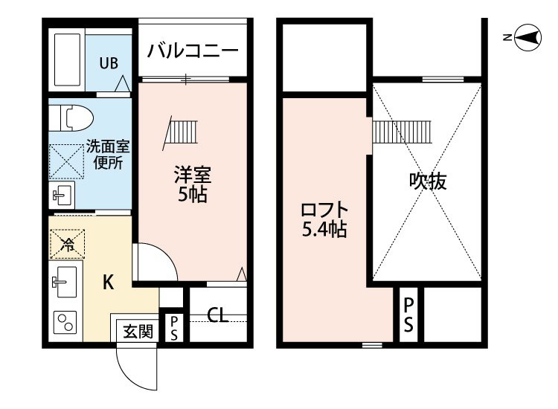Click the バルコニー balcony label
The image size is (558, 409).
[193, 51]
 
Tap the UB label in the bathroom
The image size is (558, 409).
[109, 63]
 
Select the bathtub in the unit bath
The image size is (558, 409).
[67, 59]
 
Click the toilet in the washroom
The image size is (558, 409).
[71, 117]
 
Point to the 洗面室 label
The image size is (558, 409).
[108, 146]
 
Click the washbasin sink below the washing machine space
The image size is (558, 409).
[62, 195]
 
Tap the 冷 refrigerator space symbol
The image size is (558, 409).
[67, 244]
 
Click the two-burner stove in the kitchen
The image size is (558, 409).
[65, 323]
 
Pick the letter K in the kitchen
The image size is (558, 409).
[109, 283]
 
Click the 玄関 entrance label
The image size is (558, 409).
[138, 332]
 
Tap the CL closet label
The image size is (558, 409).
[218, 315]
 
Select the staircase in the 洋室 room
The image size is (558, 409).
[181, 132]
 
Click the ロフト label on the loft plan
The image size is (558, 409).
[324, 210]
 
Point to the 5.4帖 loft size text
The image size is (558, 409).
[324, 229]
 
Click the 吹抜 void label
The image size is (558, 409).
[427, 181]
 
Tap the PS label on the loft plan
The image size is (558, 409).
[408, 315]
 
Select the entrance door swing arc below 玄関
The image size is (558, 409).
[136, 370]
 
